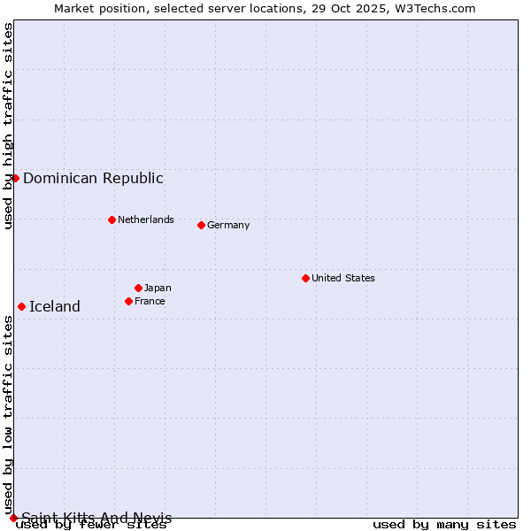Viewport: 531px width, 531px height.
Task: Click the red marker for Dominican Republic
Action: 15,178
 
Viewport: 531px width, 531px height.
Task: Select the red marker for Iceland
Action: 21,306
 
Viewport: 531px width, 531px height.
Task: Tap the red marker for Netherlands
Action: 112,219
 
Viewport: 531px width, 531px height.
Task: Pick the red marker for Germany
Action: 201,225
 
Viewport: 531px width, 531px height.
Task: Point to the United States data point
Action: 305,278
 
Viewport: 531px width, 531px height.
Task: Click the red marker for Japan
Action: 138,288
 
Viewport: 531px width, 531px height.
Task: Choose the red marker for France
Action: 128,301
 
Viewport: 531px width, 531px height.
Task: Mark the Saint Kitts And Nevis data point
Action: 13,518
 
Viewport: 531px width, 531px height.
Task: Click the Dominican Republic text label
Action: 93,178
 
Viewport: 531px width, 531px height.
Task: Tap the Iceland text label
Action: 55,306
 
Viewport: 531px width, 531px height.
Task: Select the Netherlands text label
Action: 146,219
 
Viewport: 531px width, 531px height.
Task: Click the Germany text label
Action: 228,225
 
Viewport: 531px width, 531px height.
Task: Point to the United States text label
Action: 343,278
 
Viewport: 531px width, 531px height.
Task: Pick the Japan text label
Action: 158,288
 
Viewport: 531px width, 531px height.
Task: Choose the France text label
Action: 150,301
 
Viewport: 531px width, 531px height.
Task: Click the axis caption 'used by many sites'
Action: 444,525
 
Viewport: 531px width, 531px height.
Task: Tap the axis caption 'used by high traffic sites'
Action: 9,126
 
